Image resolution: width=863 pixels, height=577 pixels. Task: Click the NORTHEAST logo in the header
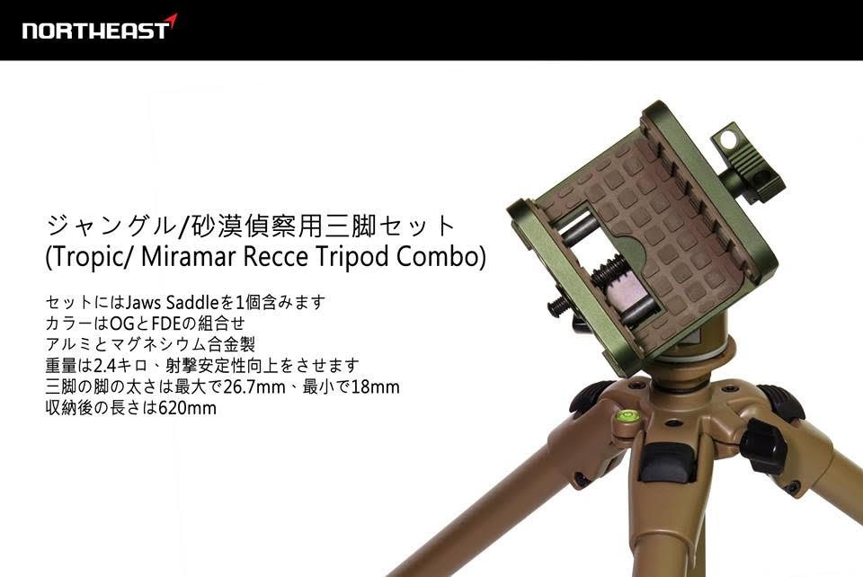100,28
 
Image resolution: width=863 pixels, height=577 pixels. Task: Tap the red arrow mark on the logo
172,21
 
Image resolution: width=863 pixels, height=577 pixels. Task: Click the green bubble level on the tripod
627,416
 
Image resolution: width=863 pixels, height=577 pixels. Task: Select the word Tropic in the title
87,257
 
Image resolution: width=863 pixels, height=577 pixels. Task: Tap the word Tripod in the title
351,257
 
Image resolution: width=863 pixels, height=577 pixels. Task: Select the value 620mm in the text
187,408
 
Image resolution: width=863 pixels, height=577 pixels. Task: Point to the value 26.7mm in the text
254,387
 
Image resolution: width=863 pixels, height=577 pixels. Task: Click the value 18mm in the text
376,387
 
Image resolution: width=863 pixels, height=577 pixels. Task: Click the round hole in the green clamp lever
727,138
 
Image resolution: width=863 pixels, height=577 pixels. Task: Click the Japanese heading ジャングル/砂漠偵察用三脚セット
251,225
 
